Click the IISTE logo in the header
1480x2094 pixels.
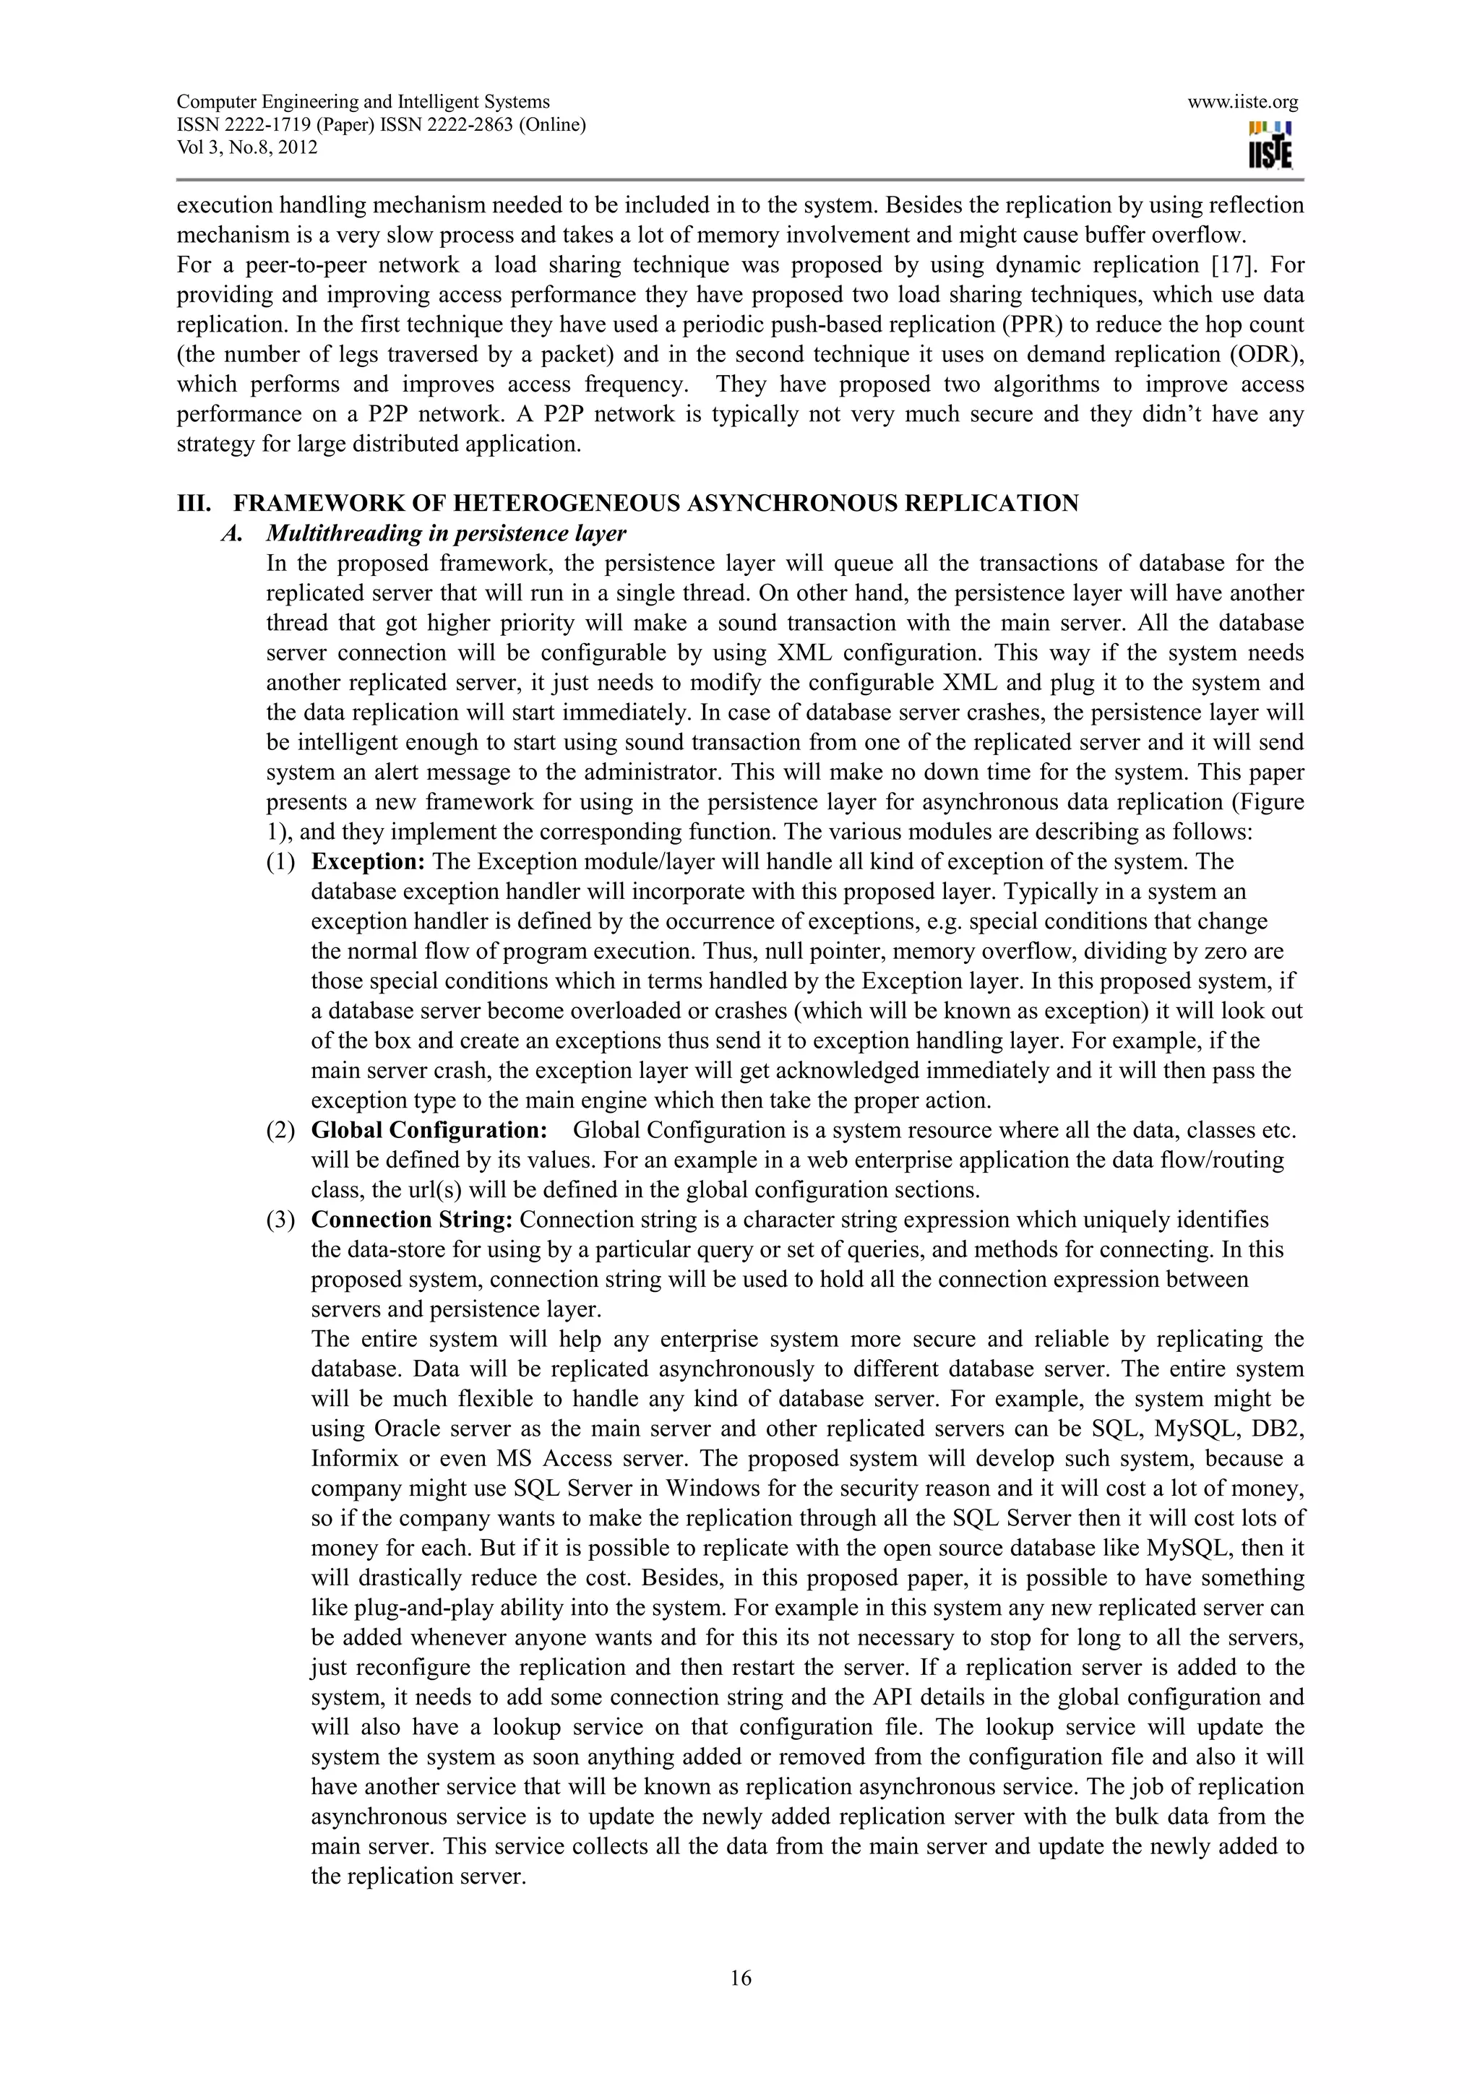pyautogui.click(x=1270, y=146)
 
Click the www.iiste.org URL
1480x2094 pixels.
pyautogui.click(x=1242, y=102)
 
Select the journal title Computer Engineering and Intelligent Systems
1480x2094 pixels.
pyautogui.click(x=363, y=102)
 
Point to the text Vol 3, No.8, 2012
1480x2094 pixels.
pyautogui.click(x=246, y=147)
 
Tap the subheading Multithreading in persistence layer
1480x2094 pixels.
pyautogui.click(x=446, y=533)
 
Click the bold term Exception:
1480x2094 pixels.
pyautogui.click(x=369, y=862)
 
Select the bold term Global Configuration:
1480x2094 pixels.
pyautogui.click(x=429, y=1130)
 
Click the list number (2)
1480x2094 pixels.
pyautogui.click(x=280, y=1130)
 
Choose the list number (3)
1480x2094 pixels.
pyautogui.click(x=280, y=1220)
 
